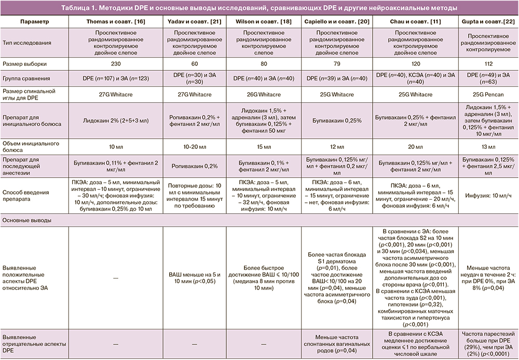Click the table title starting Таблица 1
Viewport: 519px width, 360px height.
(x=259, y=8)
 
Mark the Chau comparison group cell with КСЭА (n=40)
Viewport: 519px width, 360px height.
(x=415, y=78)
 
